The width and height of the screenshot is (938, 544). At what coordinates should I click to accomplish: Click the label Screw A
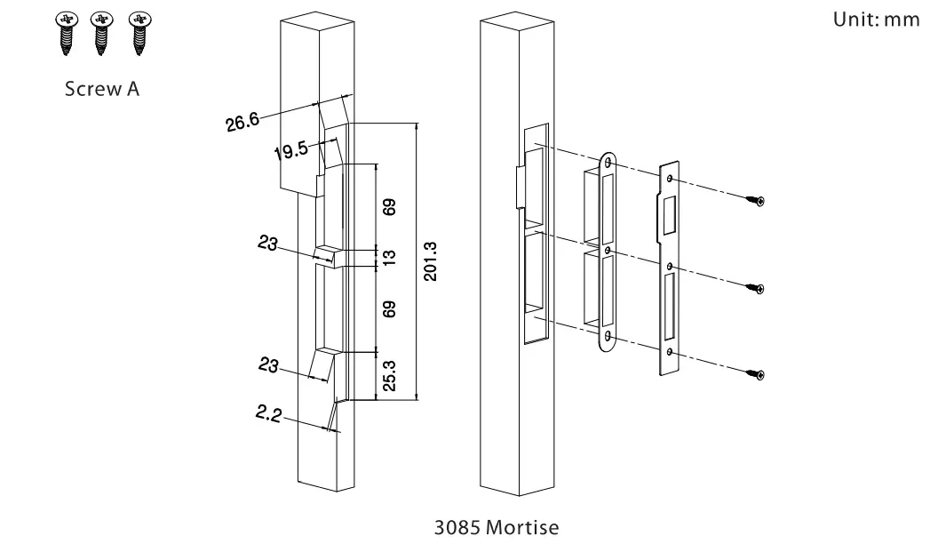[x=102, y=90]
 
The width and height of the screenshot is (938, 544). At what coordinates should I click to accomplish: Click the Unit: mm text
[x=877, y=20]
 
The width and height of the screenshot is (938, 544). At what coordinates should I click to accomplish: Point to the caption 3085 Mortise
[x=497, y=528]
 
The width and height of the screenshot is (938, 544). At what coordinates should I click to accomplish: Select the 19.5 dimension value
[x=290, y=149]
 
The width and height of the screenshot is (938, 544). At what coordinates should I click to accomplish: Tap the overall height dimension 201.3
[x=429, y=261]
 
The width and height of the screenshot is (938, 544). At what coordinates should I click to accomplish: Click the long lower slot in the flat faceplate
[x=669, y=308]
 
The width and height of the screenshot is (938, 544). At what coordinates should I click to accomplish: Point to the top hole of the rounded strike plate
[x=608, y=163]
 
